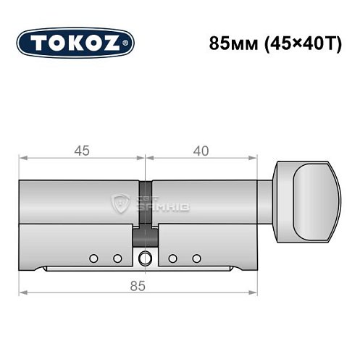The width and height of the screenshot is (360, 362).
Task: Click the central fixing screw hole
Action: coord(145,258)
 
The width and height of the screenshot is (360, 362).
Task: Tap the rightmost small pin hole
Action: coord(196,258)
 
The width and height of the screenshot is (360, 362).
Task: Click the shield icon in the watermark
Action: coord(120,203)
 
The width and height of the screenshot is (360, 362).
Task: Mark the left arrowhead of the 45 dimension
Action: coord(22,159)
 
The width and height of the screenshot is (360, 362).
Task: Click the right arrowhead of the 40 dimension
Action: coord(255,159)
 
